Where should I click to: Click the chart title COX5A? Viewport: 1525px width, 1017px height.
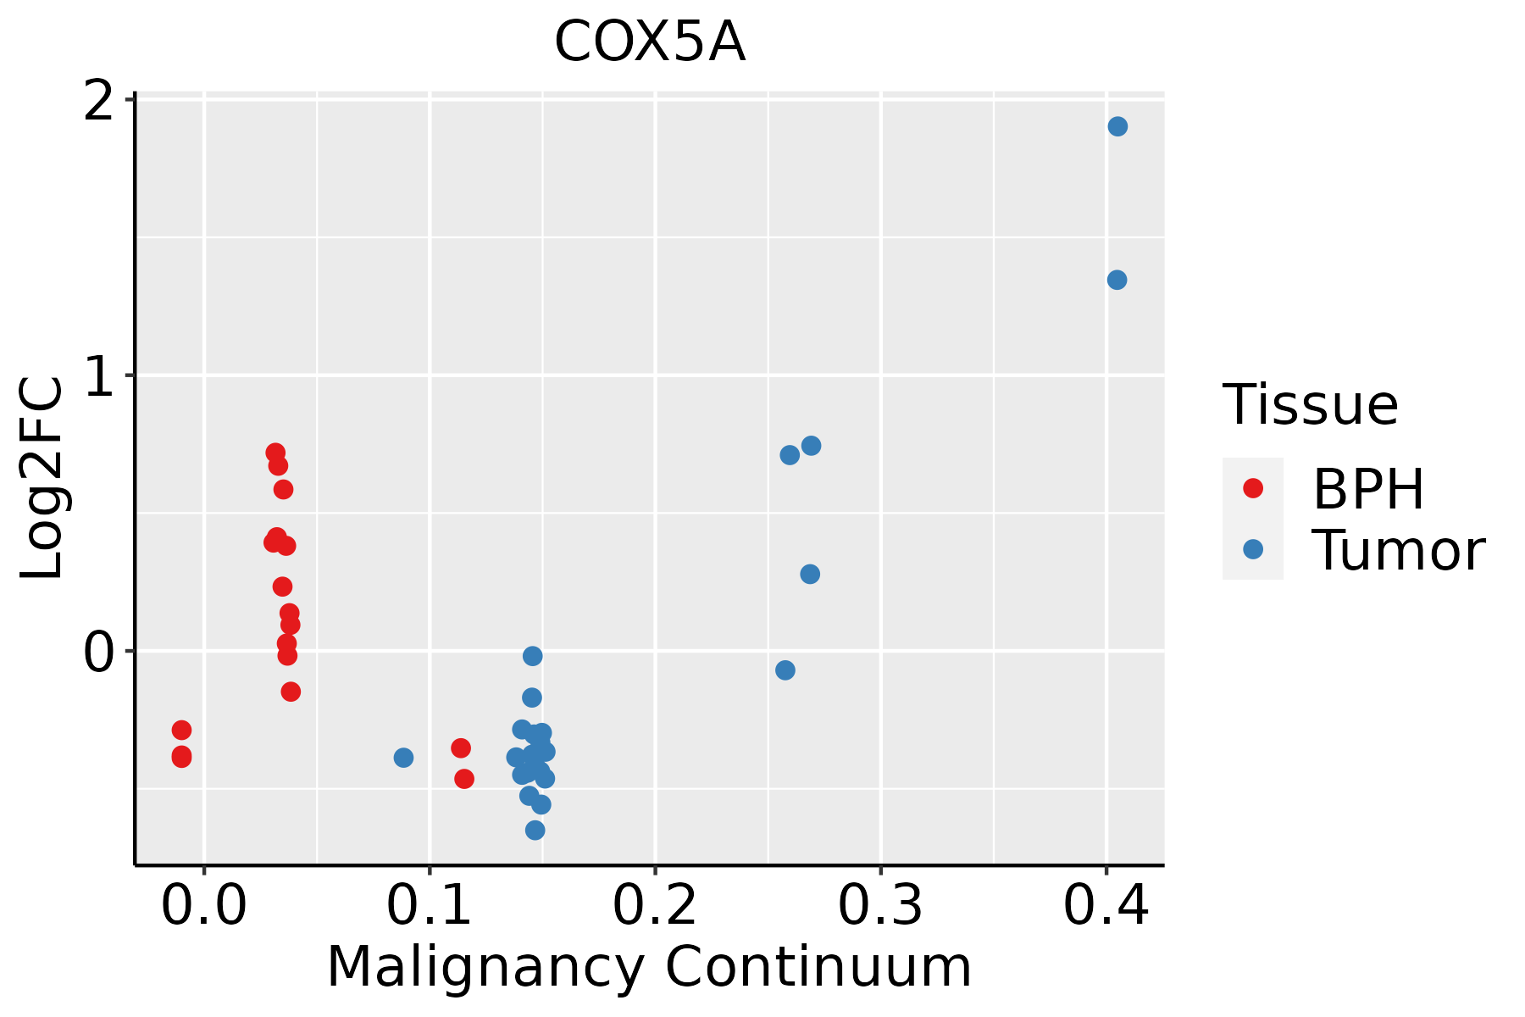[650, 42]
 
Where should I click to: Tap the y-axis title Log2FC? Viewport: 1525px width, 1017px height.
[42, 479]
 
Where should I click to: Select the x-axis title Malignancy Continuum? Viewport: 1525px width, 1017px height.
[649, 967]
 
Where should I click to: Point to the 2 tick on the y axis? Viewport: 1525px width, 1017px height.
[99, 100]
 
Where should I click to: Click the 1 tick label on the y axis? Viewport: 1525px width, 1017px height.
[99, 375]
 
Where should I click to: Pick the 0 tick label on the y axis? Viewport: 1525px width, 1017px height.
[99, 653]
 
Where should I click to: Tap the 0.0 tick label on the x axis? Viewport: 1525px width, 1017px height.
[204, 906]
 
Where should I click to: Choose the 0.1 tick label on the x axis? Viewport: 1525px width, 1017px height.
[430, 906]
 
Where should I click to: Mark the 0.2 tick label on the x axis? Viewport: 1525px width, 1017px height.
[655, 906]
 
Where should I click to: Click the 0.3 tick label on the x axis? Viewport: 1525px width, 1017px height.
[881, 906]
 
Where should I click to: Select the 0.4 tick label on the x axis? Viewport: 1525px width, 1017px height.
[1106, 906]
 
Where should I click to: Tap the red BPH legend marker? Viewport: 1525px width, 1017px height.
[1252, 488]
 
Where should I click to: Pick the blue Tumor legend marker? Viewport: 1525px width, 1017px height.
[1252, 549]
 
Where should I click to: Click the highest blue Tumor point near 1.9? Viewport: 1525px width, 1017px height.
[1117, 126]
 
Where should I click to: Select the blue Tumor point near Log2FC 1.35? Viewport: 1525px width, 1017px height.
[1117, 280]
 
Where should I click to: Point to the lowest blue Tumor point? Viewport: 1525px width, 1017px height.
[535, 830]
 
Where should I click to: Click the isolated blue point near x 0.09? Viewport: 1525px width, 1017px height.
[403, 757]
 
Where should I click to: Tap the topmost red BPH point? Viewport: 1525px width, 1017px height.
[275, 453]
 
